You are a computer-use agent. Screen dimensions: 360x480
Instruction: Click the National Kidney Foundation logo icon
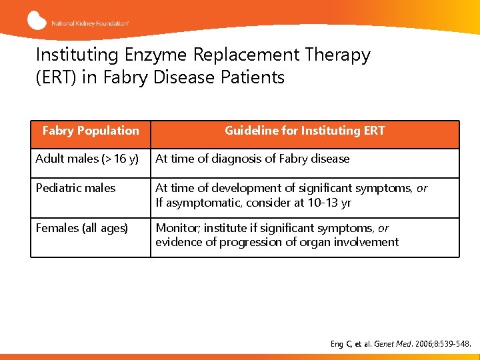[x=37, y=21]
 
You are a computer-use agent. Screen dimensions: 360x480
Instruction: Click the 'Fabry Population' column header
[x=91, y=131]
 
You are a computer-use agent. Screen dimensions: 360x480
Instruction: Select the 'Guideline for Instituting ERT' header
[x=305, y=131]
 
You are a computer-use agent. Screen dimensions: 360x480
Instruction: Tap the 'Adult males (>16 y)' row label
[x=87, y=159]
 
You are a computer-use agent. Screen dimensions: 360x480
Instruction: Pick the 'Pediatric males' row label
[x=75, y=189]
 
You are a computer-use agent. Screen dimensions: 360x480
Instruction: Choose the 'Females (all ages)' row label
[x=81, y=228]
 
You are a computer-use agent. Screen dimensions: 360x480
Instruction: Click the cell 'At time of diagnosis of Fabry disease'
[x=252, y=159]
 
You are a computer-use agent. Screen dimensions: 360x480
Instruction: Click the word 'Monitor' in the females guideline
[x=175, y=228]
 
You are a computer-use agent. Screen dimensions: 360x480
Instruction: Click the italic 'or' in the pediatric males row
[x=421, y=189]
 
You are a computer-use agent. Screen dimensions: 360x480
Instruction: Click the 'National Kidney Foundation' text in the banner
[x=91, y=23]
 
